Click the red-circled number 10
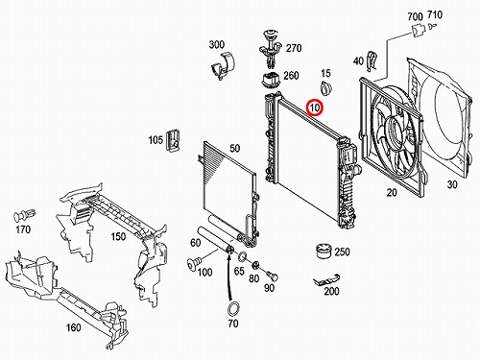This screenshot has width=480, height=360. (x=315, y=108)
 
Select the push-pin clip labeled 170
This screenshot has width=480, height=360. (x=24, y=215)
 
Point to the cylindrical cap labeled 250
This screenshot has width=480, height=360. (x=324, y=251)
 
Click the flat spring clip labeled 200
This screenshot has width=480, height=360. (x=326, y=280)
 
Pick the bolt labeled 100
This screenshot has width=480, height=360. (x=194, y=263)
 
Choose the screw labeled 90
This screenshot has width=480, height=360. (x=272, y=276)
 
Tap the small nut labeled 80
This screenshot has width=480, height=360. (x=255, y=265)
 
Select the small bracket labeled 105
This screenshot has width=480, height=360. (x=173, y=140)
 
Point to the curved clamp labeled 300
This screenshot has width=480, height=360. (x=223, y=65)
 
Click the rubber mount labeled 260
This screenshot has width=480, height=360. (x=271, y=80)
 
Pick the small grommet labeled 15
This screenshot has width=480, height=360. (x=326, y=87)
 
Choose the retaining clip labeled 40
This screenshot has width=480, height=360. (x=372, y=61)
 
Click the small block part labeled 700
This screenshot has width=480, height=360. (x=418, y=30)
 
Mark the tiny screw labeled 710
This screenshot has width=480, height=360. (x=432, y=26)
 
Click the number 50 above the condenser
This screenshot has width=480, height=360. (x=234, y=148)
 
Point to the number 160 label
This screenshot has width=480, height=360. (x=74, y=327)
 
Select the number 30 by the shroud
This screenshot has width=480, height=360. (x=452, y=184)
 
